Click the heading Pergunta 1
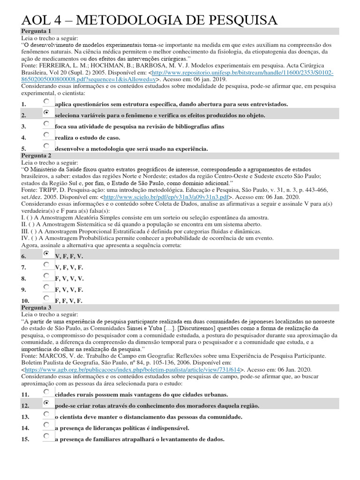[37, 31]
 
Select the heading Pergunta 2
[37, 155]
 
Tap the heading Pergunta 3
[37, 307]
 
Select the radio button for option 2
[46, 113]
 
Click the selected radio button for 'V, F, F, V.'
[46, 254]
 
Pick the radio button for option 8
[46, 276]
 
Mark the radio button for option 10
[46, 299]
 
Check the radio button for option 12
[46, 403]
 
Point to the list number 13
[25, 417]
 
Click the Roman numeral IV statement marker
[25, 238]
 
